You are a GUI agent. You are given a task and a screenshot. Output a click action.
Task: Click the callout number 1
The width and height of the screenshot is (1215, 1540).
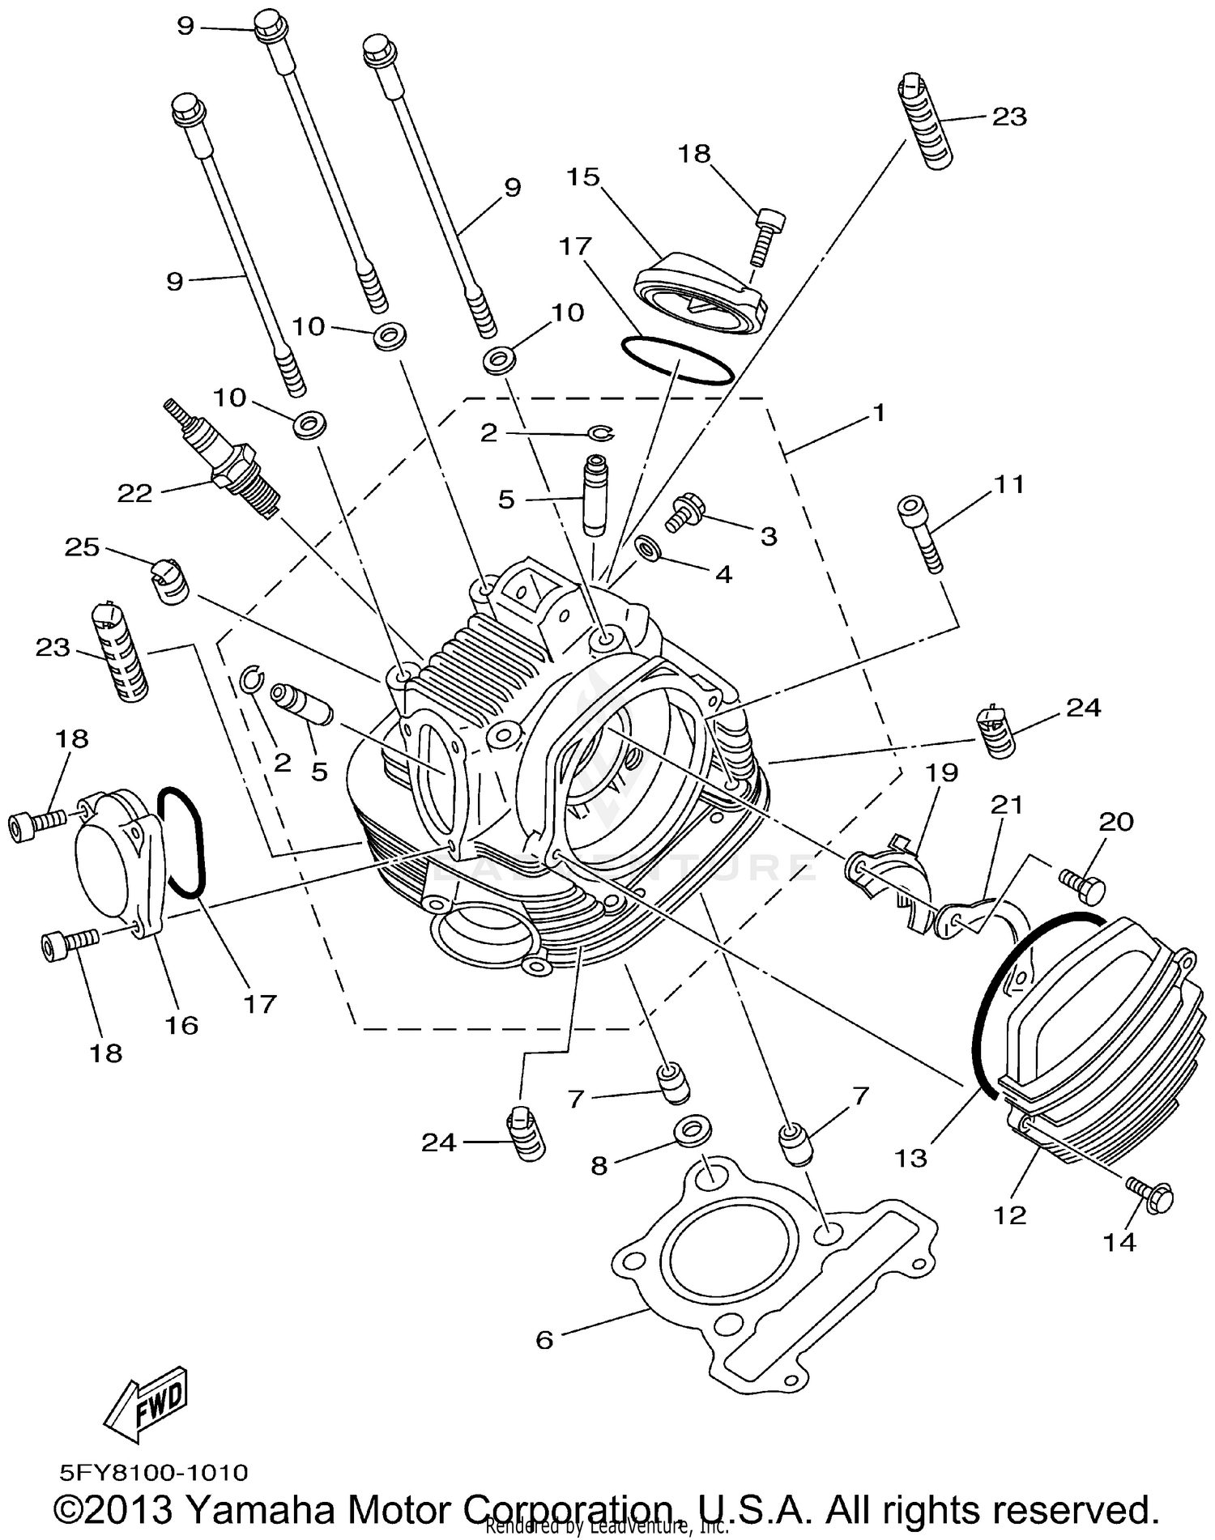pyautogui.click(x=879, y=413)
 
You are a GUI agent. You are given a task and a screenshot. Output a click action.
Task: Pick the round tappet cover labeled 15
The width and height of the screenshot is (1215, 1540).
pyautogui.click(x=701, y=296)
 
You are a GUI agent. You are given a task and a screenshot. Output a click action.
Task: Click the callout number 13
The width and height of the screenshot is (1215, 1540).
pyautogui.click(x=910, y=1158)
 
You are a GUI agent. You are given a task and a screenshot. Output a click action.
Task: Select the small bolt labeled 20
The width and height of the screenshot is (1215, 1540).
pyautogui.click(x=1082, y=885)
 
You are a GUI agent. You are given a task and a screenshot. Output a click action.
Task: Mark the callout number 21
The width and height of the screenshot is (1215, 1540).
pyautogui.click(x=1007, y=805)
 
